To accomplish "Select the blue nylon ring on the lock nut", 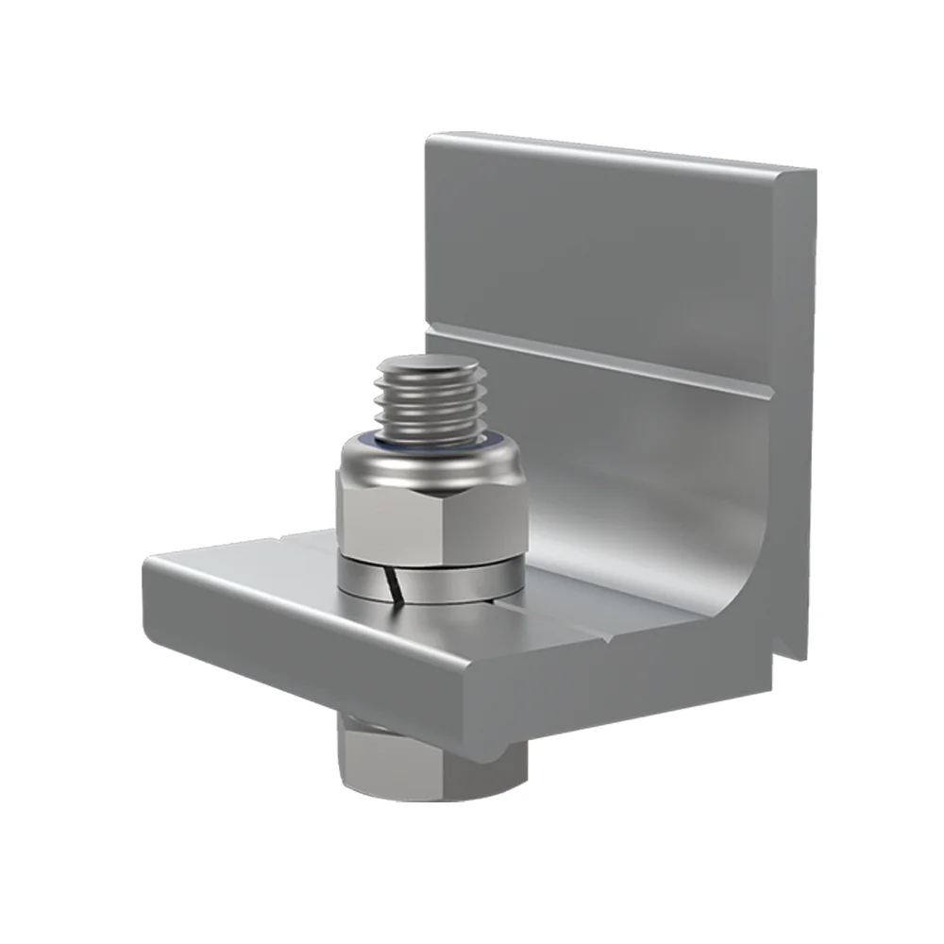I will [430, 443].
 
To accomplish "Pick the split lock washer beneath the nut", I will [430, 581].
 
